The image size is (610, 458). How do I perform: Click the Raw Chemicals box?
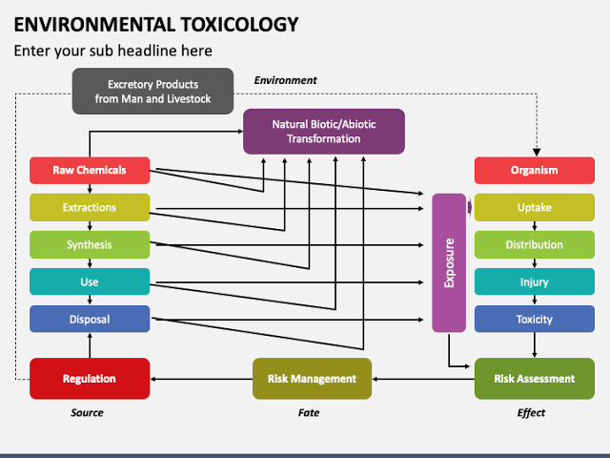(90, 171)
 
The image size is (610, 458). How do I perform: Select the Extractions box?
(90, 207)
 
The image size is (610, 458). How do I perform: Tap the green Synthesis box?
(90, 244)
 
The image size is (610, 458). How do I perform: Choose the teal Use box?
(90, 281)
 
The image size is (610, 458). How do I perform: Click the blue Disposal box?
(90, 319)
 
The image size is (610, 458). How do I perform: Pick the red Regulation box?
(90, 378)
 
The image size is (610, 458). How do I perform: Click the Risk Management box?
(312, 378)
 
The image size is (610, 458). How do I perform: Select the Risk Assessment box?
(534, 378)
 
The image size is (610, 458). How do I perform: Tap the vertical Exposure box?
(449, 262)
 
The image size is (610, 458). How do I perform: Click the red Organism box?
(534, 171)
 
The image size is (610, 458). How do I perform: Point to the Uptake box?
(534, 207)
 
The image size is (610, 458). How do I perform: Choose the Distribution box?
(534, 244)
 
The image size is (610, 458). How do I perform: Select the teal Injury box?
(534, 281)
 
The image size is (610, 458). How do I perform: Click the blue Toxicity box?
(534, 319)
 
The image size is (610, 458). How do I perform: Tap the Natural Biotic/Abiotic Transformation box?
(324, 131)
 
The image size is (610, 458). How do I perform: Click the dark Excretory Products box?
(152, 91)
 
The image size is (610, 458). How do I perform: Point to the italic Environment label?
(285, 80)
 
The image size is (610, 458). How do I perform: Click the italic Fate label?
(308, 412)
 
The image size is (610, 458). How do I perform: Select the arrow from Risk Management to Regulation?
(200, 379)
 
